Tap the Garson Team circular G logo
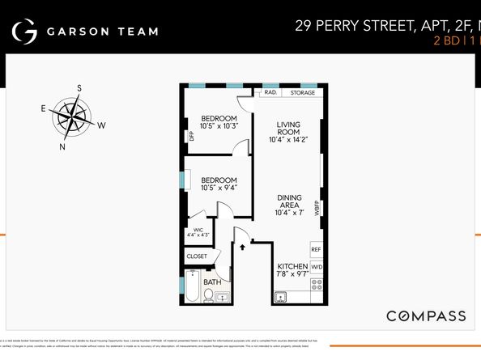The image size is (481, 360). tap(25, 32)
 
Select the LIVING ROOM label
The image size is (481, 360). tap(288, 132)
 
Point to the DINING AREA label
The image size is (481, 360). tap(289, 205)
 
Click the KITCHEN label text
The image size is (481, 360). tap(292, 267)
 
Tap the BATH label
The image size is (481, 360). tap(211, 282)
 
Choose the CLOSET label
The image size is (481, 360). tap(197, 256)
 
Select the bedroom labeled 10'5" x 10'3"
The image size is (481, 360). tap(219, 121)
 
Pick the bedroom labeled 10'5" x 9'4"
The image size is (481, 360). tap(219, 184)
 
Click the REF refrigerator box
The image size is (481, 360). tap(316, 250)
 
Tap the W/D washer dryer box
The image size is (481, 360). tap(316, 267)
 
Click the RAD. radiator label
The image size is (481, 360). tap(270, 92)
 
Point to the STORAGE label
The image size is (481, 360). tap(302, 92)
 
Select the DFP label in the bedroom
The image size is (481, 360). tap(192, 136)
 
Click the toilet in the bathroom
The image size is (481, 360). tap(208, 296)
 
